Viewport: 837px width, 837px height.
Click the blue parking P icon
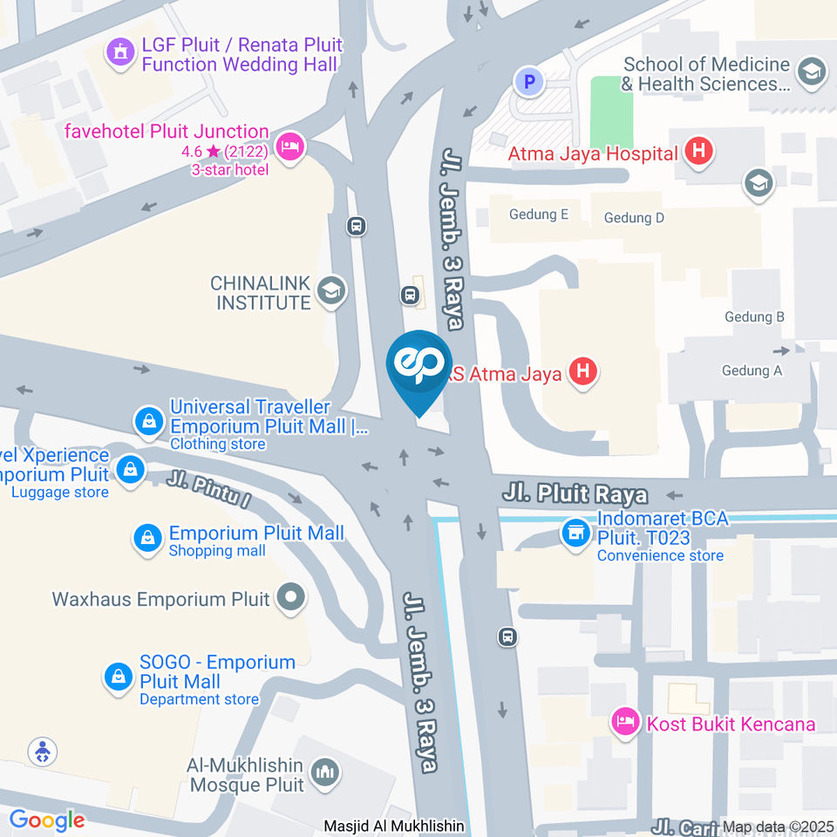[x=528, y=83]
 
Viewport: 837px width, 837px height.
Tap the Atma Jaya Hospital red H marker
[x=697, y=152]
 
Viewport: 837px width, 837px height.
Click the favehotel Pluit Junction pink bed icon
[x=290, y=146]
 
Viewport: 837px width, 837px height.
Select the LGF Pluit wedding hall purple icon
[x=119, y=52]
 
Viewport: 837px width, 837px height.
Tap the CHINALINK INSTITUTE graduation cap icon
[x=330, y=291]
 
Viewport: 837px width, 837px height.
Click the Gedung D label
[x=634, y=217]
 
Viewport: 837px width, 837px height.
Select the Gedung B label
[x=754, y=316]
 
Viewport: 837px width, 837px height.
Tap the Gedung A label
[x=752, y=371]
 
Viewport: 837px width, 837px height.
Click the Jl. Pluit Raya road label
[x=575, y=494]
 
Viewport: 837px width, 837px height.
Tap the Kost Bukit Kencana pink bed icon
[x=624, y=721]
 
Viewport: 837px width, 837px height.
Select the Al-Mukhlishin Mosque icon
[x=326, y=772]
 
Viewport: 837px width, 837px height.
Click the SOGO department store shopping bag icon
[x=118, y=677]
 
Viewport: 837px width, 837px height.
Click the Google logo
[x=47, y=820]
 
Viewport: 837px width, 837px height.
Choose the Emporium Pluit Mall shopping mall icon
[x=148, y=539]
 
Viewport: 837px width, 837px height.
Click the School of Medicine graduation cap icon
[x=812, y=73]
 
